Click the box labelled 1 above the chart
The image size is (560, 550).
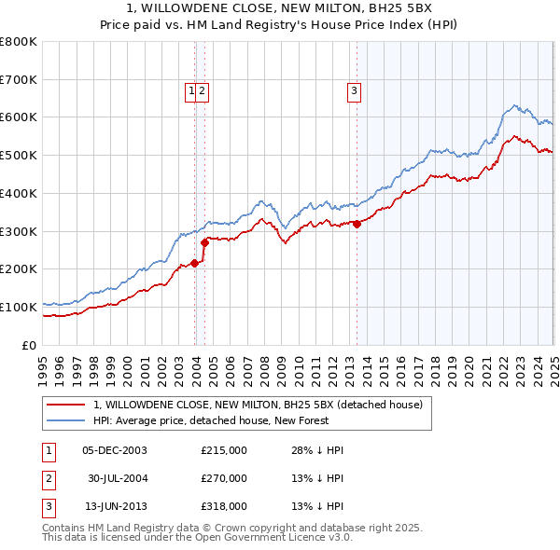(x=190, y=90)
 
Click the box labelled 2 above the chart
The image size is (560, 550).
(x=202, y=90)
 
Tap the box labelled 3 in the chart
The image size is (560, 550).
(x=355, y=90)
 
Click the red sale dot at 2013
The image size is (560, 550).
(x=357, y=224)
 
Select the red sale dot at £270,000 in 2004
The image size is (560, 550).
(x=204, y=242)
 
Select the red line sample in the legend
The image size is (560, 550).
(x=66, y=405)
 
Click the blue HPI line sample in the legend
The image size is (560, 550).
(x=66, y=420)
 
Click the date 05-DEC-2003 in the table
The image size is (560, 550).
(x=115, y=450)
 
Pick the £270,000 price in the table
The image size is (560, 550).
(x=224, y=478)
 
